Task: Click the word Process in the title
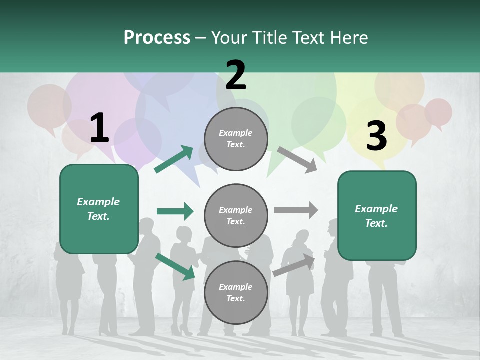coord(157,38)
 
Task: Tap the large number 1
coord(99,128)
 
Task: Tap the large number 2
coord(236,75)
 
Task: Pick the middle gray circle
coord(236,215)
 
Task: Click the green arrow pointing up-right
coord(174,159)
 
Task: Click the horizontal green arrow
coord(175,211)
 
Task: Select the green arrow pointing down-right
coord(175,266)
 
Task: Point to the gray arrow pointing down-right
coord(297,158)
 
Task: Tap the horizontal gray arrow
coord(295,210)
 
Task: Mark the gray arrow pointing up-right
coord(294,265)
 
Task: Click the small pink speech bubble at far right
coord(438,112)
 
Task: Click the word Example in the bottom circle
coord(236,287)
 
